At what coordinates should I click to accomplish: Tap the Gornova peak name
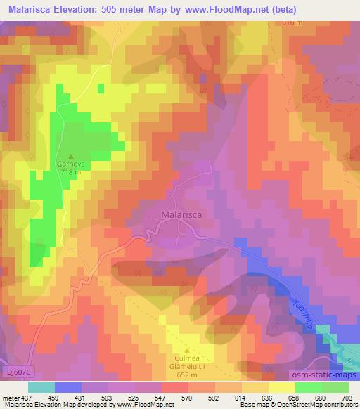(x=71, y=164)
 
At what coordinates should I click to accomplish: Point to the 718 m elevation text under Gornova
(x=71, y=172)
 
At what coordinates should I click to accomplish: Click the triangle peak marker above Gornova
(x=71, y=156)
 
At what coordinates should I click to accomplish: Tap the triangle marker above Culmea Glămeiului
(x=187, y=350)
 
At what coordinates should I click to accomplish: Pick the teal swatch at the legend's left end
(x=41, y=387)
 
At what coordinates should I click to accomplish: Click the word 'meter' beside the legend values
(x=11, y=398)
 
